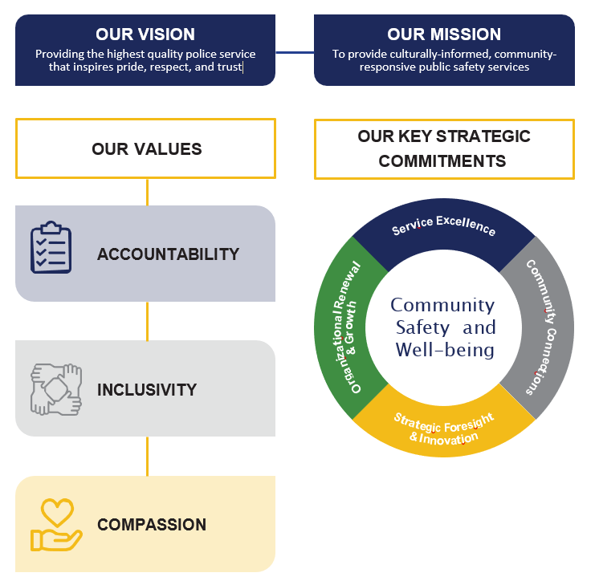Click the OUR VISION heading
[x=145, y=35]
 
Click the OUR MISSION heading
[x=444, y=35]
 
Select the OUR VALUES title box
[x=145, y=148]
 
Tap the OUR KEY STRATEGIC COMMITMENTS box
[x=444, y=148]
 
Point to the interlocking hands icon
[x=56, y=389]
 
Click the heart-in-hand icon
[x=56, y=525]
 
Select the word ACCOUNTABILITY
[x=168, y=254]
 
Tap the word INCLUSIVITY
[x=147, y=390]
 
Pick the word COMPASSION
[x=152, y=525]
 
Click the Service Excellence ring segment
[x=444, y=228]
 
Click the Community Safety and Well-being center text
[x=444, y=327]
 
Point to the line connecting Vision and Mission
[x=294, y=53]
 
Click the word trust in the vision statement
[x=230, y=67]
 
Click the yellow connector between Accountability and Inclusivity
[x=147, y=320]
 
